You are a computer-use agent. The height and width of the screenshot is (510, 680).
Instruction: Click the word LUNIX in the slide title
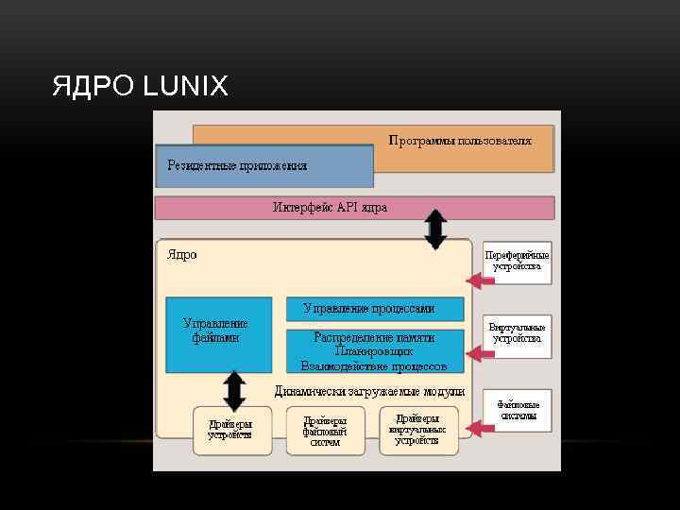(185, 88)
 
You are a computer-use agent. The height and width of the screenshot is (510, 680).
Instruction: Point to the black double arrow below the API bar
(434, 229)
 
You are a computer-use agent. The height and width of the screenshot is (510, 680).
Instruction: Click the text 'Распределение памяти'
(374, 337)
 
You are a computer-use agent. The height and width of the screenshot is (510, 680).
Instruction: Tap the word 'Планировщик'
(374, 350)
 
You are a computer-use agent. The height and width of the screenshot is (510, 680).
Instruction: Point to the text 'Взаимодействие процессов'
(374, 365)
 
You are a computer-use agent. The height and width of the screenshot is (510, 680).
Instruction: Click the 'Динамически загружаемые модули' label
(369, 390)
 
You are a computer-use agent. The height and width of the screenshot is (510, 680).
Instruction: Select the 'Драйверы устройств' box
(230, 430)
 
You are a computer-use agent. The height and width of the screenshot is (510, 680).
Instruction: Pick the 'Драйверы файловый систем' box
(325, 430)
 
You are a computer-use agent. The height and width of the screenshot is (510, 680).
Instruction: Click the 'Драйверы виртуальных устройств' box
(416, 430)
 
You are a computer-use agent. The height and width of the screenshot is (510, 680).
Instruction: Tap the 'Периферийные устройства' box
(517, 261)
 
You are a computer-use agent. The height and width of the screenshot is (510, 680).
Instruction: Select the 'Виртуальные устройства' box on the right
(517, 333)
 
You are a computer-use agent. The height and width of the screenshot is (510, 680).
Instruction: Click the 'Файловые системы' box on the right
(518, 410)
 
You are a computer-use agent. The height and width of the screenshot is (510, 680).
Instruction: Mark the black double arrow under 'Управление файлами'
(233, 390)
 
